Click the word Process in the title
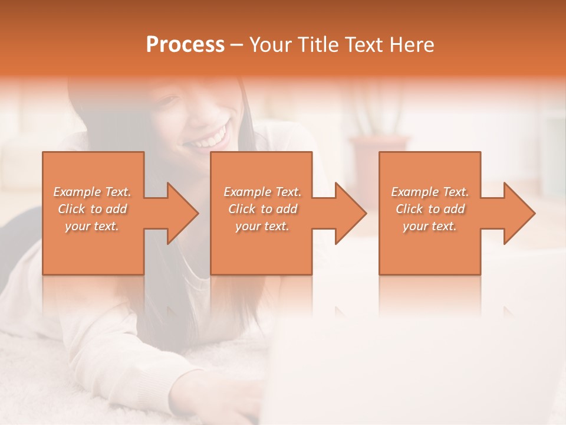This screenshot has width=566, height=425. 185,45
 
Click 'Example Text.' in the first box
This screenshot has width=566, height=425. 93,192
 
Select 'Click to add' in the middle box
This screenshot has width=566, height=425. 262,209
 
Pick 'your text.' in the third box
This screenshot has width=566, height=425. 430,226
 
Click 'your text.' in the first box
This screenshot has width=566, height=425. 93,226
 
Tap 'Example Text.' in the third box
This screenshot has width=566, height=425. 430,192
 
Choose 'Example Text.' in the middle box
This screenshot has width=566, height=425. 262,192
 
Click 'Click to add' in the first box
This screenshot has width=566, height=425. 93,209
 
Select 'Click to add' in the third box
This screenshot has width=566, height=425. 430,209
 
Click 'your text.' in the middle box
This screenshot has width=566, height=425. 262,226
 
